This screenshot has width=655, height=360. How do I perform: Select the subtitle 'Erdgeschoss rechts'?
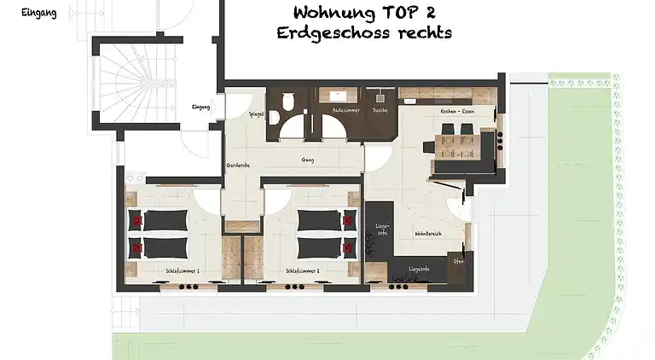[x=363, y=32]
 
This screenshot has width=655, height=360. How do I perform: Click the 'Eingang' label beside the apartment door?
[x=201, y=107]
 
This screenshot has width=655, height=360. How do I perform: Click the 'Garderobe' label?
[x=237, y=165]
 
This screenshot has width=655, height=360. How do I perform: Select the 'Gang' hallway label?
[x=308, y=160]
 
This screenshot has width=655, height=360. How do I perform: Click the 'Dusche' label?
[x=380, y=111]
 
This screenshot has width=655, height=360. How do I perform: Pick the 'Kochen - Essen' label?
[x=457, y=112]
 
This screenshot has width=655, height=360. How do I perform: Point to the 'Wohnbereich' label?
[x=427, y=233]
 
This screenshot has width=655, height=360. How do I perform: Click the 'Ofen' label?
[x=459, y=261]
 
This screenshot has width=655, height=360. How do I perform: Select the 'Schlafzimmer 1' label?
[x=182, y=270]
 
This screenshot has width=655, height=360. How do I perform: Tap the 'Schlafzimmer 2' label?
[x=303, y=270]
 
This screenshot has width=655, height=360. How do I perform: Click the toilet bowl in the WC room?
[x=290, y=102]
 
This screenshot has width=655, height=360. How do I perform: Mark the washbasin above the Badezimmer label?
[x=339, y=96]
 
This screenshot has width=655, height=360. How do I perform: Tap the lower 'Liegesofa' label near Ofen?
[x=418, y=269]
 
